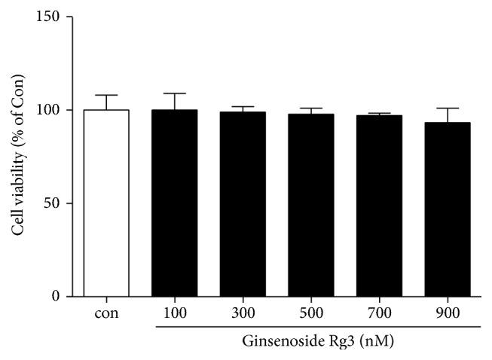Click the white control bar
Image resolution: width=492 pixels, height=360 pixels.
[x=106, y=203]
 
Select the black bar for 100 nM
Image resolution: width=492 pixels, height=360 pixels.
[x=174, y=203]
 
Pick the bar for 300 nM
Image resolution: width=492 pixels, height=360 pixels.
[x=243, y=204]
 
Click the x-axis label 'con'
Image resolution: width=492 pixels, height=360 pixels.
[x=106, y=313]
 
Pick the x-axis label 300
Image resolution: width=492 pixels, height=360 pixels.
[x=243, y=313]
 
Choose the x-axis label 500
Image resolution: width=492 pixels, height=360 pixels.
[x=310, y=313]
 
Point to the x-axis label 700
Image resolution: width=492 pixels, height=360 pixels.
[x=379, y=313]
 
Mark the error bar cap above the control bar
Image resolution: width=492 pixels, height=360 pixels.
[x=106, y=95]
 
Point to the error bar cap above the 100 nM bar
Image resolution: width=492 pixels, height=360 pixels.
[x=174, y=93]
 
